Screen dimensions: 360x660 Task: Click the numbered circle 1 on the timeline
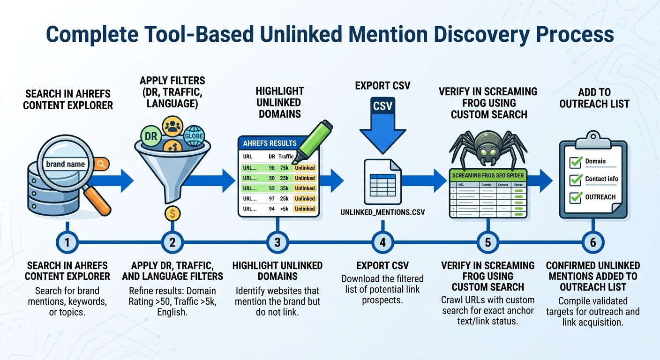click(x=67, y=242)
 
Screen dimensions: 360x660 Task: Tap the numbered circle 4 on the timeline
click(x=382, y=242)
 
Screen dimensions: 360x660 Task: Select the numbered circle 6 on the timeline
click(x=592, y=242)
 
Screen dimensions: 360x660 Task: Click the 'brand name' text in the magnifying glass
click(x=66, y=164)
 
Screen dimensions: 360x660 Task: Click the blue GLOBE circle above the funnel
click(x=194, y=136)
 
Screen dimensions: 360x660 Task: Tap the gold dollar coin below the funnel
click(x=173, y=214)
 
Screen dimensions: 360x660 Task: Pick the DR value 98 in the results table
click(x=272, y=167)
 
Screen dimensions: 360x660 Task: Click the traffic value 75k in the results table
click(x=284, y=167)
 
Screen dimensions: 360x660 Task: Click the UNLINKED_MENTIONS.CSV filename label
click(x=382, y=212)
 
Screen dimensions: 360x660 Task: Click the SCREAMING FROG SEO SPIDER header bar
click(x=487, y=175)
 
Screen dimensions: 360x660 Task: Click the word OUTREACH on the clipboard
click(x=600, y=197)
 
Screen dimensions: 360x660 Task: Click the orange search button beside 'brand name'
click(x=101, y=164)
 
